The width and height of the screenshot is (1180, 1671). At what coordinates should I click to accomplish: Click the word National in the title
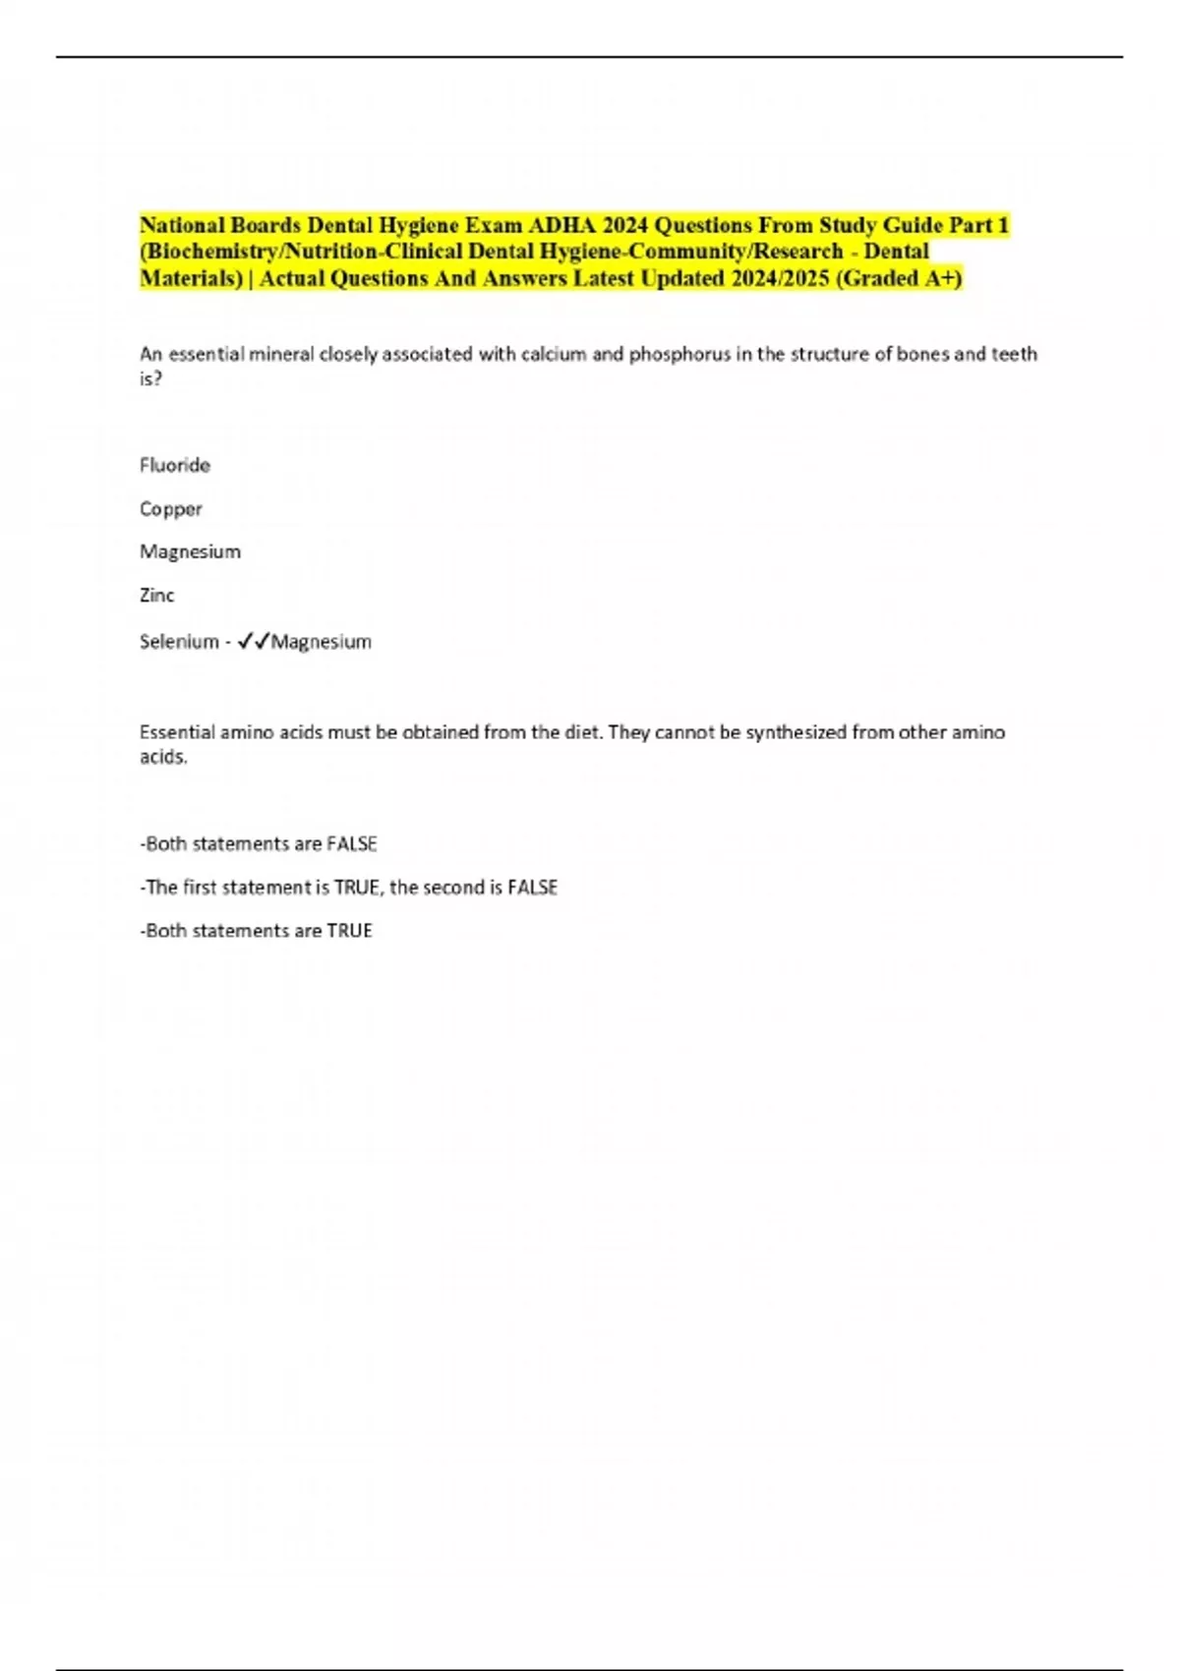[183, 225]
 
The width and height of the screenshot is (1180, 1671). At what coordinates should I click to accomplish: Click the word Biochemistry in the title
[212, 252]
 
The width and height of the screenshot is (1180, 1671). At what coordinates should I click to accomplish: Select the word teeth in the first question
[1014, 354]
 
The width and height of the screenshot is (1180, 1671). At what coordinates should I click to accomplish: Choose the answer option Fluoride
[175, 465]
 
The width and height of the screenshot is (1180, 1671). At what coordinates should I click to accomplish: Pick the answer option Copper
[171, 509]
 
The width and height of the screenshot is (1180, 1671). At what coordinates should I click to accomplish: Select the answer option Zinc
[157, 595]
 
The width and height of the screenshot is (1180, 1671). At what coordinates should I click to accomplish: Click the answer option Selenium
[179, 642]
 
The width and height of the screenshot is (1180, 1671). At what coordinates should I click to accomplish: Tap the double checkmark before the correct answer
[254, 641]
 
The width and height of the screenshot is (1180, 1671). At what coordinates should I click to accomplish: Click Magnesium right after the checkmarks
[322, 642]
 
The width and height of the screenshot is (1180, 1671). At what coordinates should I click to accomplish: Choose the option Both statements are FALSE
[260, 844]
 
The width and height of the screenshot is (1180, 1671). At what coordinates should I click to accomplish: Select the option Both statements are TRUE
[257, 931]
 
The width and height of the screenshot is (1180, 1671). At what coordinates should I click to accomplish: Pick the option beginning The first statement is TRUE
[350, 888]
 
